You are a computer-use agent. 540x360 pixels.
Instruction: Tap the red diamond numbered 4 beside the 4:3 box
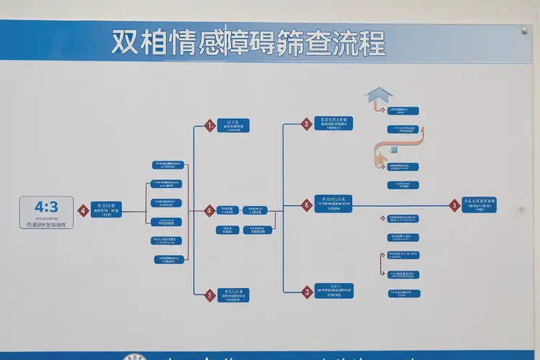click(x=84, y=210)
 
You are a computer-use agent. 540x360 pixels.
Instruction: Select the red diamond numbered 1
click(x=210, y=125)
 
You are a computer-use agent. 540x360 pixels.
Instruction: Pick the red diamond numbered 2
click(x=306, y=124)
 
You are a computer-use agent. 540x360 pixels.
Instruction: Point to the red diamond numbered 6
click(x=306, y=205)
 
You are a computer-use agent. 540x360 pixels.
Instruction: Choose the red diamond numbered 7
click(x=307, y=292)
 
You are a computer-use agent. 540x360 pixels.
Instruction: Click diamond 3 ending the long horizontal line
click(x=454, y=205)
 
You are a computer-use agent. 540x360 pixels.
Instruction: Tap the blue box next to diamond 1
click(x=233, y=126)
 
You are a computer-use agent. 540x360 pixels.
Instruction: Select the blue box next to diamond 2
click(x=333, y=123)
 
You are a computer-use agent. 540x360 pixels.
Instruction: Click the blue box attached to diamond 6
click(x=333, y=204)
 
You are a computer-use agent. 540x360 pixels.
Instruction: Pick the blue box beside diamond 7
click(x=333, y=291)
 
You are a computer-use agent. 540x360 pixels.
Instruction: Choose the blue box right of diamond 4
click(x=106, y=210)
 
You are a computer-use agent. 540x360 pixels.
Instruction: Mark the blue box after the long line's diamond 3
click(x=479, y=205)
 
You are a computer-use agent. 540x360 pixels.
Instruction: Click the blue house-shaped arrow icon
click(x=379, y=96)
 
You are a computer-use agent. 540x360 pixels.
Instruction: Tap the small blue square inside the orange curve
click(x=394, y=150)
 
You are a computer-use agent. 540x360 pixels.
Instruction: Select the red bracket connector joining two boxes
click(x=382, y=264)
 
